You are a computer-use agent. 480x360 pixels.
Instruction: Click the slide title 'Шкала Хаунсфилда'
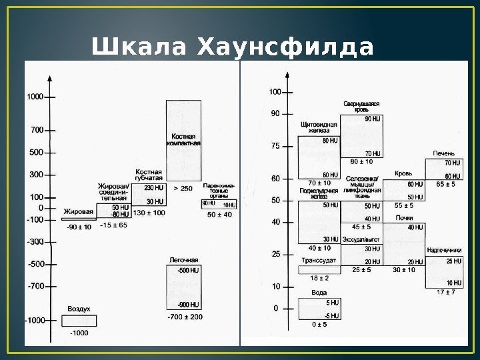[233, 48]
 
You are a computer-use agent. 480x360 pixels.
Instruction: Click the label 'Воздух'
[79, 309]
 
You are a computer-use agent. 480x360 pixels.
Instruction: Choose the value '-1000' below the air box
[79, 333]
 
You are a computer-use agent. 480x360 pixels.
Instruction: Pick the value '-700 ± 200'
[185, 316]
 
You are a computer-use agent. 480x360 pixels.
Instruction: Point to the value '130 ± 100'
[149, 213]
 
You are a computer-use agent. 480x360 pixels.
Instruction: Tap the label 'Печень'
[444, 153]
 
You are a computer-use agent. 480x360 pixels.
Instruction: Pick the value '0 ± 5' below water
[319, 325]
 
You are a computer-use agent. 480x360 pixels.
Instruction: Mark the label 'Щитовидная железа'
[319, 128]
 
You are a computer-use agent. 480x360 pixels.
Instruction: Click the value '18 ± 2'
[319, 277]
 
